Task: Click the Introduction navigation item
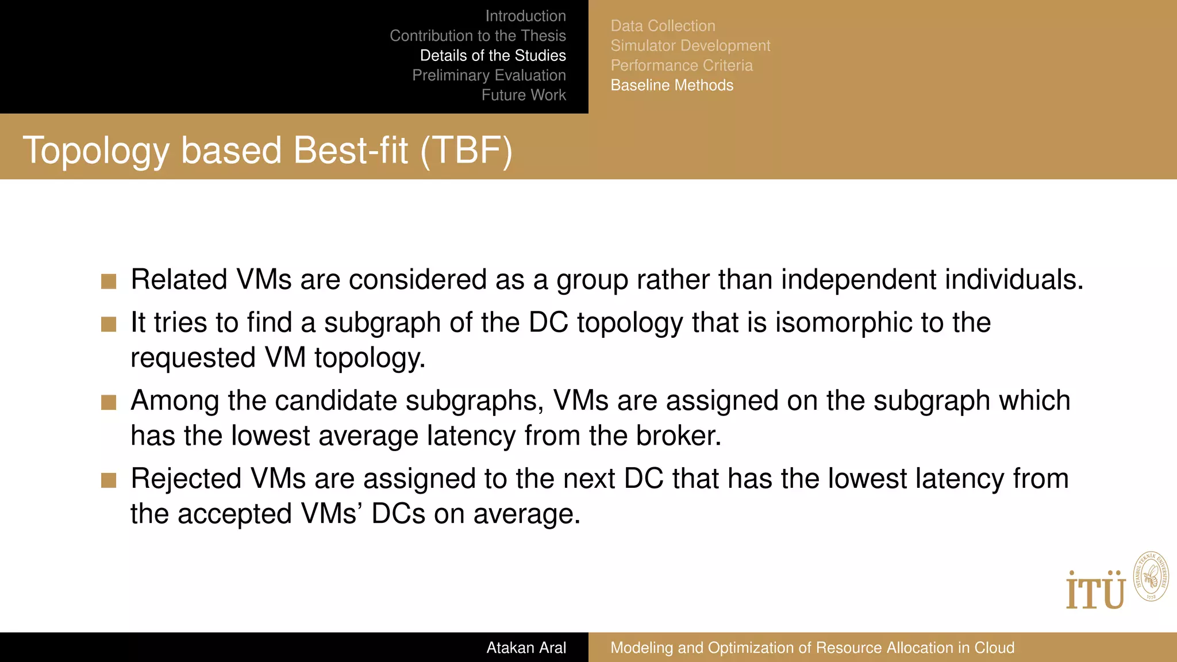[x=525, y=16]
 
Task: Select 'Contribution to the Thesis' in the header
[x=478, y=36]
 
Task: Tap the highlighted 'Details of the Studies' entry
[x=493, y=56]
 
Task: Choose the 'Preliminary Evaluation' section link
[x=489, y=75]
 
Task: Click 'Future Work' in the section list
[x=524, y=95]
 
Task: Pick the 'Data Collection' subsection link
[x=663, y=26]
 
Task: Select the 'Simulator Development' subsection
[x=690, y=45]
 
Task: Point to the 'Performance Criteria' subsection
[x=682, y=66]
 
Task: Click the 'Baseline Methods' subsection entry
[x=672, y=85]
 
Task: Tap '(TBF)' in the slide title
[x=466, y=151]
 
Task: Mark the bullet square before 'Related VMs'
[x=109, y=281]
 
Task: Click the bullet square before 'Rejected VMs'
[x=109, y=480]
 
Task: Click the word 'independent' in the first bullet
[x=859, y=280]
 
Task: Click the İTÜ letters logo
[x=1095, y=591]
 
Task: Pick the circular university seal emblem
[x=1151, y=576]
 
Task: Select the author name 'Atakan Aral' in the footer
[x=526, y=648]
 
